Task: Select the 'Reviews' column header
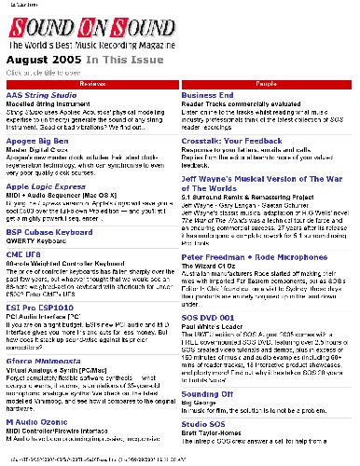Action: (90, 83)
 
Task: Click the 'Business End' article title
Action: (207, 96)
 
